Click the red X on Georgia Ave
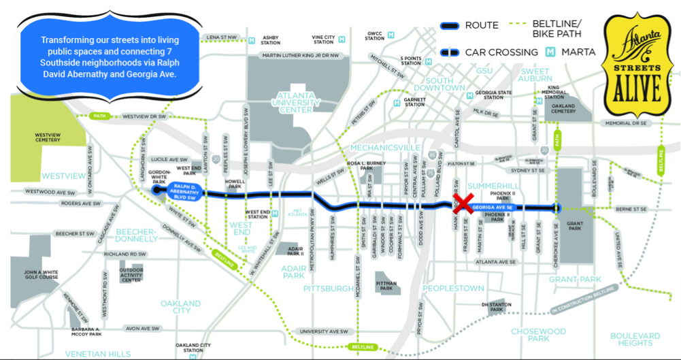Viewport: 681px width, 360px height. point(464,203)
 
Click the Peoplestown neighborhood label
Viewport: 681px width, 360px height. point(453,288)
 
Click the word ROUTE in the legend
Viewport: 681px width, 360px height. point(481,26)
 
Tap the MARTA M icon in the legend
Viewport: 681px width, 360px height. point(551,52)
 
